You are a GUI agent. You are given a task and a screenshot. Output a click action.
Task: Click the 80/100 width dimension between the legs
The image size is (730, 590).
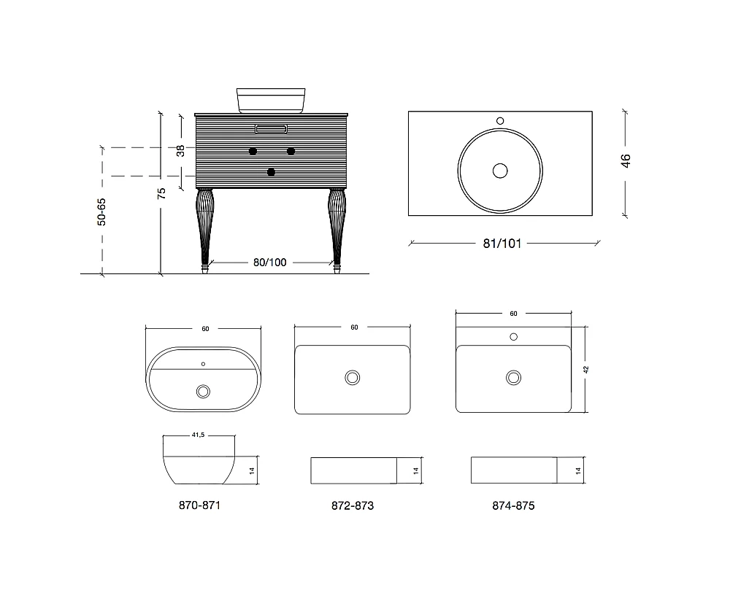(270, 263)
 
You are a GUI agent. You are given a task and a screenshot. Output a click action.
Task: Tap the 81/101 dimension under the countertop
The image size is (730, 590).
(502, 244)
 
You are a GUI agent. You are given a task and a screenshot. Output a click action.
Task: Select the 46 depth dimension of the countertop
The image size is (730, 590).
(626, 161)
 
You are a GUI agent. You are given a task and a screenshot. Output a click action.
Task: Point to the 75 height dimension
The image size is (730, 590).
(161, 193)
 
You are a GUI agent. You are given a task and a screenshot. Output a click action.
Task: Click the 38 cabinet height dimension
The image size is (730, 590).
(180, 151)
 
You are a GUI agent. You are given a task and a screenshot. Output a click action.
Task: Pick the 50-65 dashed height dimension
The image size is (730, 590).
(101, 212)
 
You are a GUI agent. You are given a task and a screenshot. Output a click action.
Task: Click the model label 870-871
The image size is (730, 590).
(200, 505)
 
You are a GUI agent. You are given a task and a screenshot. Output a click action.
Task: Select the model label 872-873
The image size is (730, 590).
(353, 506)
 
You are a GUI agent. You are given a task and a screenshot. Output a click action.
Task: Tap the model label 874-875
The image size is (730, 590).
(513, 506)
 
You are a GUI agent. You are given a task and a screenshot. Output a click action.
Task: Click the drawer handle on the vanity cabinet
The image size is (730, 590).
(271, 129)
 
